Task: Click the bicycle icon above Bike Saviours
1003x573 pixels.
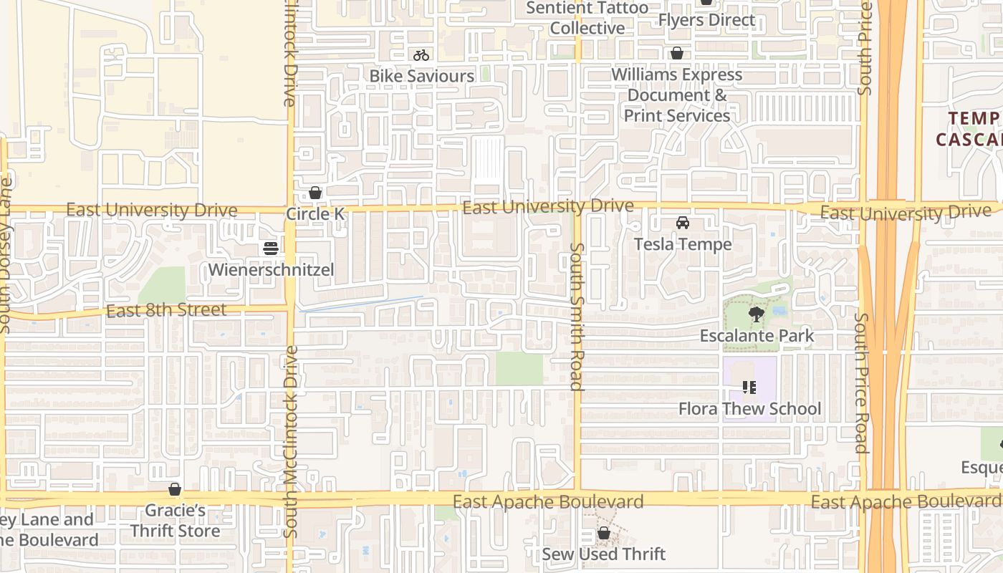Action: pos(421,55)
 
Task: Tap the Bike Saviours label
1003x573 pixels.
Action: pos(421,76)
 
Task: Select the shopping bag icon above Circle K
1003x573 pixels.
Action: pos(315,193)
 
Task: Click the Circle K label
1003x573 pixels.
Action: pos(315,214)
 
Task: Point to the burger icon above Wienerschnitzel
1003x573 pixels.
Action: pos(271,249)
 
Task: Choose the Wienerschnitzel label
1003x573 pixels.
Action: pos(271,270)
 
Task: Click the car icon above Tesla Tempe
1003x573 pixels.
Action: pos(683,223)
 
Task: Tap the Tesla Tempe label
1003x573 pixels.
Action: pos(683,244)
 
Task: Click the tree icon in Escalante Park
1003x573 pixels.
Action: pos(756,314)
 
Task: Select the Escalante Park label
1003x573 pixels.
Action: pos(757,336)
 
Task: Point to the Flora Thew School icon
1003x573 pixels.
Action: pos(749,387)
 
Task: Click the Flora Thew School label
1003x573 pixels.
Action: pos(749,409)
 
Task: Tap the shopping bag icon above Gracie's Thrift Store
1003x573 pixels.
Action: pos(175,490)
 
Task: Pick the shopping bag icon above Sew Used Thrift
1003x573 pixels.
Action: pos(604,533)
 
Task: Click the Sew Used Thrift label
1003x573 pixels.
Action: pos(604,554)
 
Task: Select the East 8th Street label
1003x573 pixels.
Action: pos(166,311)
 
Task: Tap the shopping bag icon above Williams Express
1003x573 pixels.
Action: pos(676,54)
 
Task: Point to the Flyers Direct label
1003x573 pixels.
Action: pos(706,20)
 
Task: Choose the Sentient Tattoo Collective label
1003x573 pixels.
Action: pos(587,18)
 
